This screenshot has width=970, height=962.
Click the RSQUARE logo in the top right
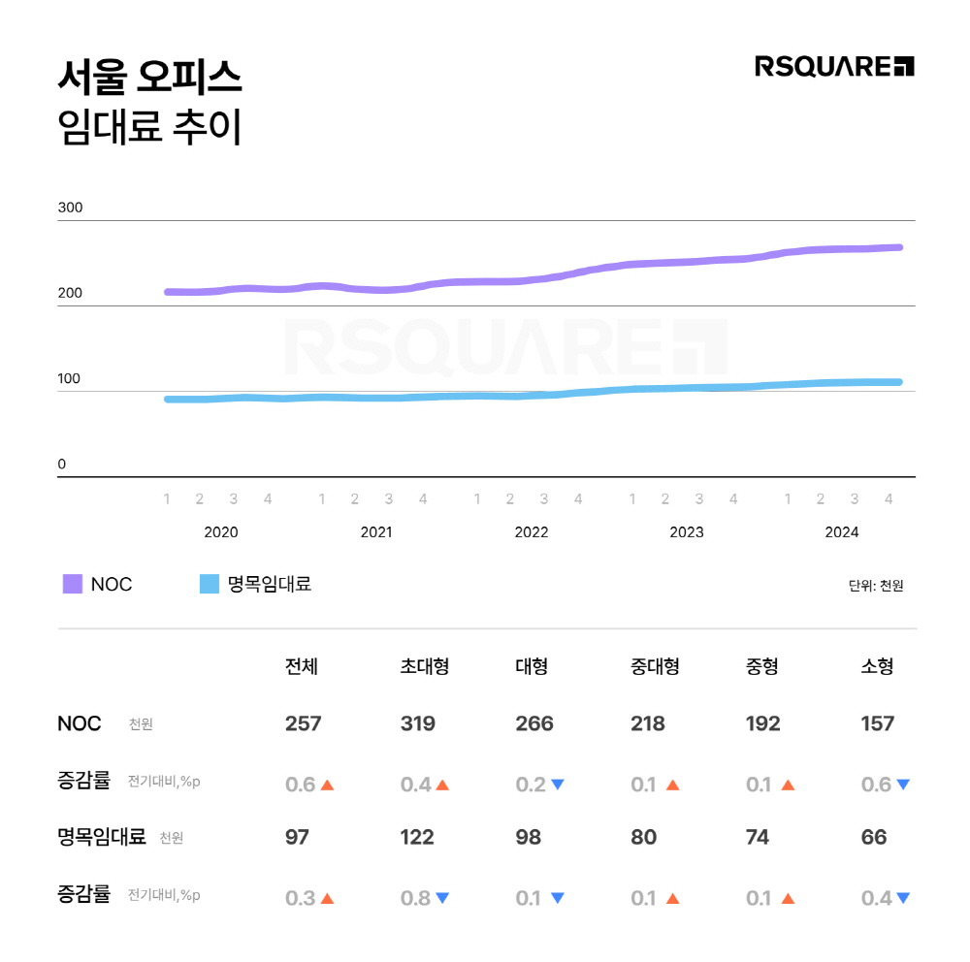tap(834, 66)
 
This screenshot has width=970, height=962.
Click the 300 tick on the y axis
tap(70, 208)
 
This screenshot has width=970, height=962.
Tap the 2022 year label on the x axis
tap(532, 532)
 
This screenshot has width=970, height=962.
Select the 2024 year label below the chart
tap(842, 532)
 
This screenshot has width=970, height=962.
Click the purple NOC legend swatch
tap(73, 584)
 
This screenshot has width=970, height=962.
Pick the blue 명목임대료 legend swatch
tap(210, 584)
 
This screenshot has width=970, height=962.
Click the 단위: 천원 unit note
tap(876, 586)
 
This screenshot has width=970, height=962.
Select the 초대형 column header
tap(425, 666)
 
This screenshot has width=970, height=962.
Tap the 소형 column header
tap(877, 666)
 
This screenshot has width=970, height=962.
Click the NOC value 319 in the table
tap(418, 723)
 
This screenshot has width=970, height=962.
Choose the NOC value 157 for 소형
tap(878, 723)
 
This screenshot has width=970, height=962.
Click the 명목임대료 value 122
tap(417, 837)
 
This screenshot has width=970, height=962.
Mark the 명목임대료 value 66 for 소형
tap(874, 837)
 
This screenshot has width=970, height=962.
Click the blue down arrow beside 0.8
tap(442, 898)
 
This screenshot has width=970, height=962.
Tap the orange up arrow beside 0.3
tap(327, 898)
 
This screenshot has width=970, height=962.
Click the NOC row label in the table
tap(80, 723)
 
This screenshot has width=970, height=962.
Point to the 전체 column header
tap(302, 666)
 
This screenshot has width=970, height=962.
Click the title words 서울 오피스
tap(149, 79)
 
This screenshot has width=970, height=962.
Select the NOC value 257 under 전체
tap(303, 723)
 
